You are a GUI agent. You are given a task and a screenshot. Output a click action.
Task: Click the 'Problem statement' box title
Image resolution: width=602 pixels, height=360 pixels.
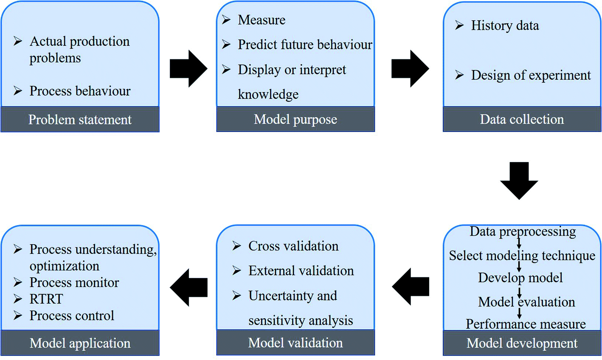[x=80, y=120]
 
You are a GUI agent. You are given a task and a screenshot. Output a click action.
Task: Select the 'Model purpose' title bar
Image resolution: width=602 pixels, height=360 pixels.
[x=295, y=120]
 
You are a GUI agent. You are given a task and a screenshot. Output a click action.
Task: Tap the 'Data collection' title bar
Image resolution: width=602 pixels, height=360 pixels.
[x=522, y=120]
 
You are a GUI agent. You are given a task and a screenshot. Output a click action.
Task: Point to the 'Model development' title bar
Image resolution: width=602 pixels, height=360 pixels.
[x=522, y=343]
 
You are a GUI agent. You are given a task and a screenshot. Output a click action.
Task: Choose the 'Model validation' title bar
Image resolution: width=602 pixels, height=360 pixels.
[x=295, y=343]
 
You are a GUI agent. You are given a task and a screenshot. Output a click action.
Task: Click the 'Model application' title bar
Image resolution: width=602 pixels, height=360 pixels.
[x=80, y=343]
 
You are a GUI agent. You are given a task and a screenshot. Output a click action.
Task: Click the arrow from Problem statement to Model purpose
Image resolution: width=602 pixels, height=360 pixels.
[x=188, y=69]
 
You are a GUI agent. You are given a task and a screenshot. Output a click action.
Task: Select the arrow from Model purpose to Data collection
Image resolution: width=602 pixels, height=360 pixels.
[x=410, y=69]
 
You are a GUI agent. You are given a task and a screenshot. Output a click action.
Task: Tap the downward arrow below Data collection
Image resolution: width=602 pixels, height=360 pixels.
[x=519, y=180]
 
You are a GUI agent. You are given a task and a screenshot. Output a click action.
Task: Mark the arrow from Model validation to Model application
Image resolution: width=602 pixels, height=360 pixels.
[x=188, y=287]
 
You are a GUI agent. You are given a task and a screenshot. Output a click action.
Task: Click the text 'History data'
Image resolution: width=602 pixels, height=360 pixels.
[x=505, y=26]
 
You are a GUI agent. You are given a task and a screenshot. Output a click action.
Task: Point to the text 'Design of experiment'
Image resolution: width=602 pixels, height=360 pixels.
[x=531, y=76]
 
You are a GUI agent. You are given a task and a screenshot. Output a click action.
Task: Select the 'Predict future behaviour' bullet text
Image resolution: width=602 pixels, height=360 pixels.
[x=305, y=45]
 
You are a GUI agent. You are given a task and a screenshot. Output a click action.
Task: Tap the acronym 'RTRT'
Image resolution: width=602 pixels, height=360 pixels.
[x=46, y=299]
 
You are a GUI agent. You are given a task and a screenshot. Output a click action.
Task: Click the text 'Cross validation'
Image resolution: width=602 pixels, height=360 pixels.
[x=293, y=246]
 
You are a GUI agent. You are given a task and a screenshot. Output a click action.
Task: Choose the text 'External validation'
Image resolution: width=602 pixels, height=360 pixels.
[x=301, y=271]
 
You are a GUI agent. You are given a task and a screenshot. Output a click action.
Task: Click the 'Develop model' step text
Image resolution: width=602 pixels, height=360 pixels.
[x=520, y=278]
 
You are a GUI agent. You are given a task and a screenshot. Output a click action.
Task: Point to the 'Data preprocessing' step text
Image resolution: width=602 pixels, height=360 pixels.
[x=523, y=232]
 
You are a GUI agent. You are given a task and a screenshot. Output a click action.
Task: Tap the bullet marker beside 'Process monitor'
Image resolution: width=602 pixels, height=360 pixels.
[x=18, y=282]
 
